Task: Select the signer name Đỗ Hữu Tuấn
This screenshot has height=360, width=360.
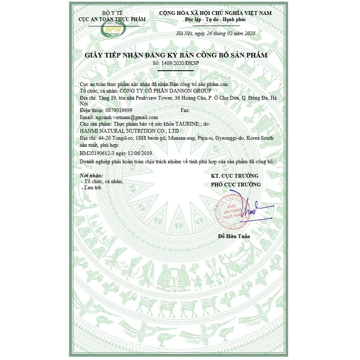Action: coord(234,236)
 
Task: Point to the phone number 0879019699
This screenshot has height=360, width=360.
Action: coord(113,110)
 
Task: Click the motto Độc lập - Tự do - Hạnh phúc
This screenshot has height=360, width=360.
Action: coord(215,19)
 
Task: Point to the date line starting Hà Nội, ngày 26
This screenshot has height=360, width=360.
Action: coord(215,33)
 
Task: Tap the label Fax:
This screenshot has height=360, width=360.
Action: coord(185,110)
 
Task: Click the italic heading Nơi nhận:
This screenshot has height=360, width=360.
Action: coord(91,176)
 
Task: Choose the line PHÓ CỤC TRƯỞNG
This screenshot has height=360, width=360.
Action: coord(236,184)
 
